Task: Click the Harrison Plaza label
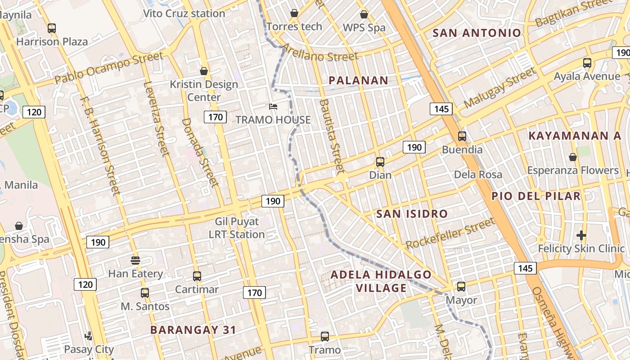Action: click(52, 42)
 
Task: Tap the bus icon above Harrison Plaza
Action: click(52, 28)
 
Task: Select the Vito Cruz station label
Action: click(184, 13)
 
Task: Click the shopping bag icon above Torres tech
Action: click(294, 13)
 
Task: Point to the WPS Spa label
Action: click(364, 27)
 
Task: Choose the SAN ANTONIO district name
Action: click(477, 33)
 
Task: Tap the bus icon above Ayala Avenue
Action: click(587, 63)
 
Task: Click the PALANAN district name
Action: click(358, 81)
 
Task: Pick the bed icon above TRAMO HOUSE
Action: click(273, 107)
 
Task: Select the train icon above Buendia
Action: click(462, 136)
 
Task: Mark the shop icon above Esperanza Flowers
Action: click(572, 157)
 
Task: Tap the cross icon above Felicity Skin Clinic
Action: click(581, 235)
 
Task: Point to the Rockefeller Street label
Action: click(450, 233)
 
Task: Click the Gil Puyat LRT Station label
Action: click(237, 228)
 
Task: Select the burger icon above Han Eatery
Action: click(135, 260)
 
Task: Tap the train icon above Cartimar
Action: click(197, 276)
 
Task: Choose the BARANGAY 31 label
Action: click(193, 330)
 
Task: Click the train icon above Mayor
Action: click(461, 286)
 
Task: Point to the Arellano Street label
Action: click(319, 53)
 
